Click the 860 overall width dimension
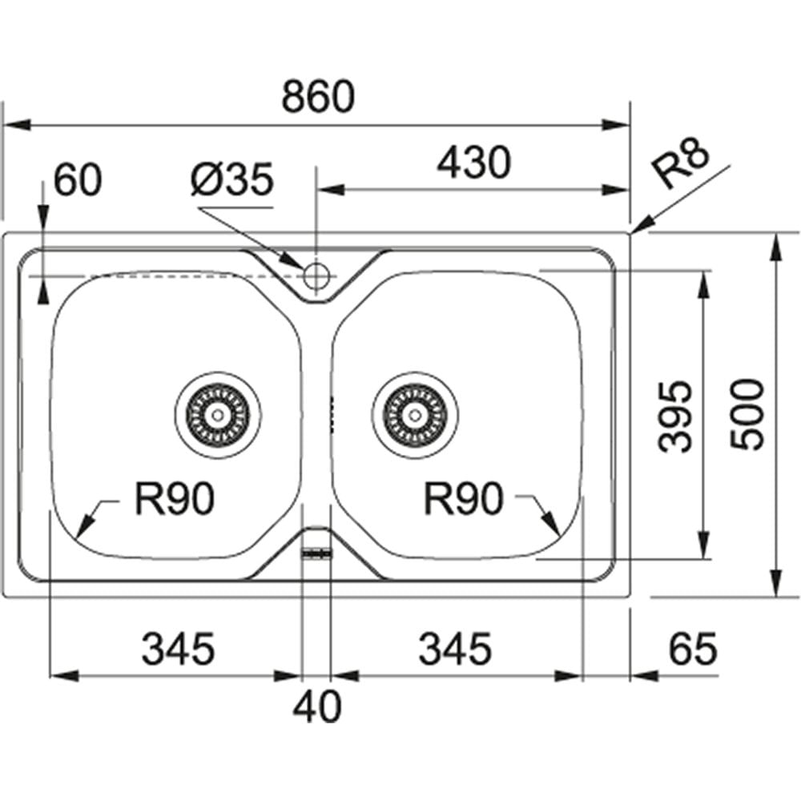(x=318, y=96)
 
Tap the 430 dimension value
(x=473, y=163)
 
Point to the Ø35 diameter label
(x=232, y=179)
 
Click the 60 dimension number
(x=78, y=179)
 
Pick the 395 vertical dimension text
(x=674, y=417)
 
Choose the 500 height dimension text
(x=747, y=414)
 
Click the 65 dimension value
(x=693, y=649)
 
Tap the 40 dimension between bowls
(x=316, y=706)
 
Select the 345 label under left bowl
(x=179, y=649)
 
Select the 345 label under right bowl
(x=455, y=649)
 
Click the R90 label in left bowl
(x=174, y=499)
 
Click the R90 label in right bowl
(x=463, y=499)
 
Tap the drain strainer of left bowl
(x=218, y=415)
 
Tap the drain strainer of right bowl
(x=415, y=415)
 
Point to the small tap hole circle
(x=316, y=276)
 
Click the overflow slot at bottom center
(x=316, y=553)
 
